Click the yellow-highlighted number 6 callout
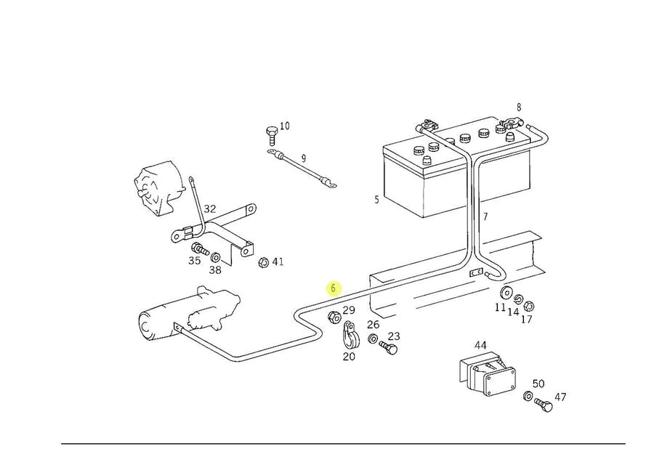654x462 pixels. [x=334, y=288]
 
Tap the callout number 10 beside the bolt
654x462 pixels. [x=284, y=126]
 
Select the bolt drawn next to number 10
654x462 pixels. [x=271, y=135]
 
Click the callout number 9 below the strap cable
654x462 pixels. [x=304, y=158]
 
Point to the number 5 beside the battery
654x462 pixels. [x=376, y=199]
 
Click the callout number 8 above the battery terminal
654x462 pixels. [x=519, y=108]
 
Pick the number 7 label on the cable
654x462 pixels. [x=485, y=216]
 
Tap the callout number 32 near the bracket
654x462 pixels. [x=209, y=209]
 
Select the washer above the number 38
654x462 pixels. [x=216, y=258]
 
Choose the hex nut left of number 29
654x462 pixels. [x=334, y=317]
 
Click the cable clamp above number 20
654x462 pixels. [x=349, y=336]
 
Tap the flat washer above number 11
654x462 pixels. [x=503, y=293]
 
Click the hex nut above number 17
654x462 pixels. [x=528, y=306]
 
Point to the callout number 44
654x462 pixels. [x=480, y=346]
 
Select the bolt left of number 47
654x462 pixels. [x=542, y=404]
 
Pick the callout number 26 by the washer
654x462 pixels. [x=373, y=325]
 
